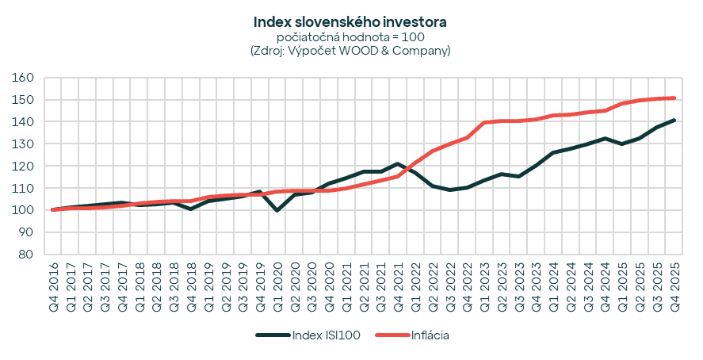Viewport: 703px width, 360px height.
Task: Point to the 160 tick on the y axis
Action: tap(23, 78)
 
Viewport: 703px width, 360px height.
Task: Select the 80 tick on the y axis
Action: tap(26, 255)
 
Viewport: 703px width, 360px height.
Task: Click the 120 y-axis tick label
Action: tap(23, 167)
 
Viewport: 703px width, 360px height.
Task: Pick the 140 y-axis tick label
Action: tap(23, 122)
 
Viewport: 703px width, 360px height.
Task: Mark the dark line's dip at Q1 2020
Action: tap(277, 210)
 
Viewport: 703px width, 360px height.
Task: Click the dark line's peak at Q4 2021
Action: tap(398, 164)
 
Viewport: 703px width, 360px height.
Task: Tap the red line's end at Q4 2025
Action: tap(673, 98)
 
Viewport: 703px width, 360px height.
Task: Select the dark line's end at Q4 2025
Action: tap(673, 121)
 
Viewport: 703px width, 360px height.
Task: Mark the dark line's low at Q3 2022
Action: tap(449, 190)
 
